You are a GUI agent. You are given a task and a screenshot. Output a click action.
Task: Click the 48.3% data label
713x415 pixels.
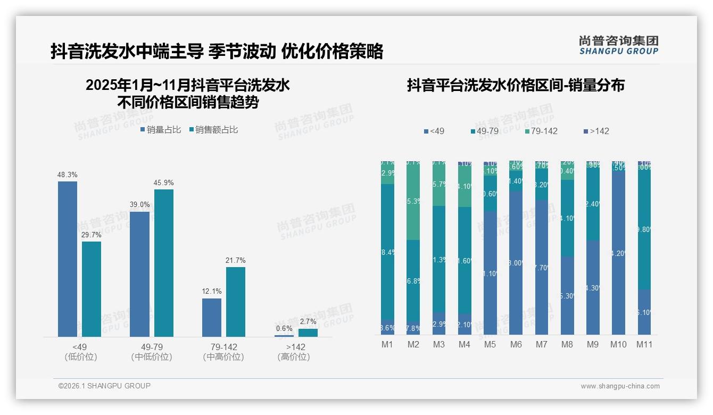[x=68, y=175]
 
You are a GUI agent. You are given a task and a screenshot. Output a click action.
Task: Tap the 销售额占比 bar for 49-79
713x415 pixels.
[x=164, y=263]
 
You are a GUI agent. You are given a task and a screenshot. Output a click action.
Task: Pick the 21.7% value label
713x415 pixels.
[x=236, y=260]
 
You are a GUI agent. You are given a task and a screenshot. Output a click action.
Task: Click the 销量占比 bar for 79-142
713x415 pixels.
[x=212, y=318]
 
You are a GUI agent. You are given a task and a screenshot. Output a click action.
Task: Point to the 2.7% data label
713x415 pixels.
[x=308, y=322]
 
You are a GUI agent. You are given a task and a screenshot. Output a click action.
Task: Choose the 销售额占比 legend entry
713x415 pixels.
[x=213, y=130]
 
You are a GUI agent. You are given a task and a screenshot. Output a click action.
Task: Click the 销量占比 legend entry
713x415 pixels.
[x=161, y=130]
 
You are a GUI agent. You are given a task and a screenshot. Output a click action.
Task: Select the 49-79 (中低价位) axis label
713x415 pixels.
[x=152, y=352]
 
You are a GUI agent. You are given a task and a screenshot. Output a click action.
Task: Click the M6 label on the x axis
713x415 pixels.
[x=516, y=344]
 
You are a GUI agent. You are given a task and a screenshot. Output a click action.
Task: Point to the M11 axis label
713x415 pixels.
[x=644, y=344]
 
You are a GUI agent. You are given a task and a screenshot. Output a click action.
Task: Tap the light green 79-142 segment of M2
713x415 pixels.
[x=413, y=201]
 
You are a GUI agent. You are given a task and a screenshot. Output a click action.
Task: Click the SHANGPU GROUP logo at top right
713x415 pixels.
[x=619, y=45]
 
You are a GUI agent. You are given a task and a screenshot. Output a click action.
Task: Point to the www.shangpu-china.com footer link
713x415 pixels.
[x=620, y=386]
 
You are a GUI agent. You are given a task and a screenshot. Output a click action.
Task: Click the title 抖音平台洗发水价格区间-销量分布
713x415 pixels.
[x=516, y=85]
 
